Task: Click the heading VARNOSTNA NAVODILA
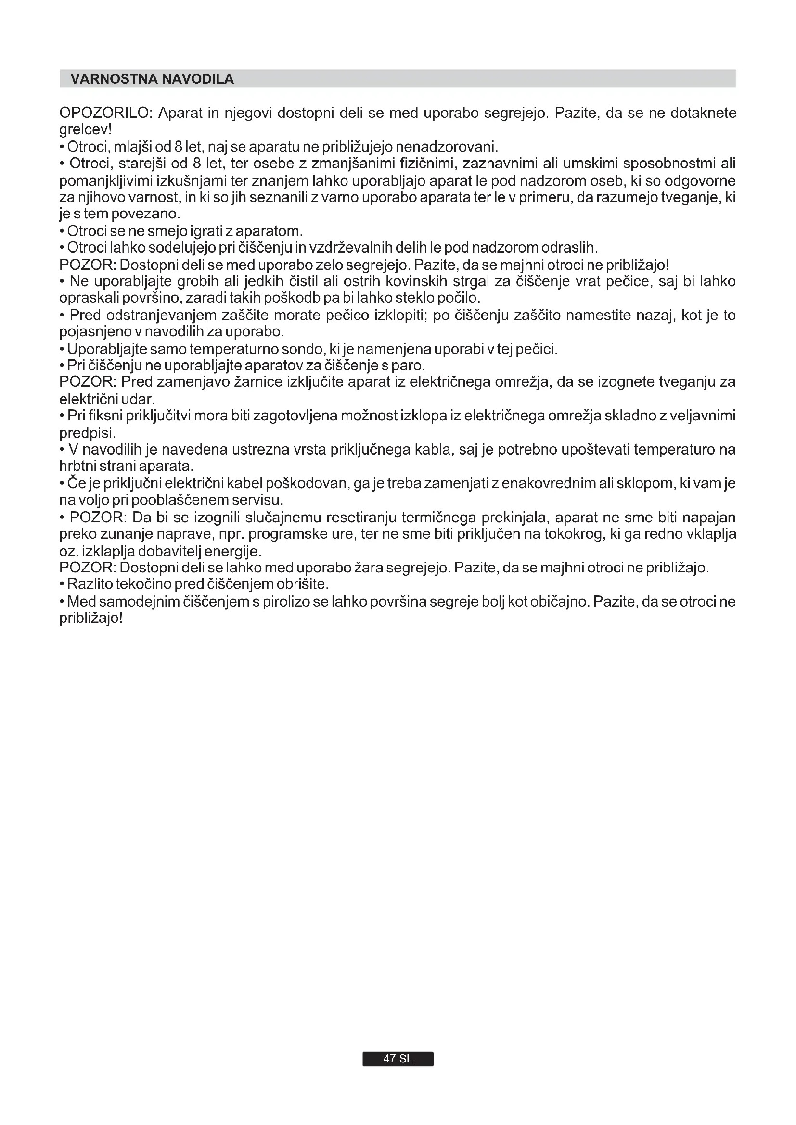coord(152,79)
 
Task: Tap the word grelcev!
coord(85,130)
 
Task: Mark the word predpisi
coord(87,434)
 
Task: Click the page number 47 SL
coord(398,1058)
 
